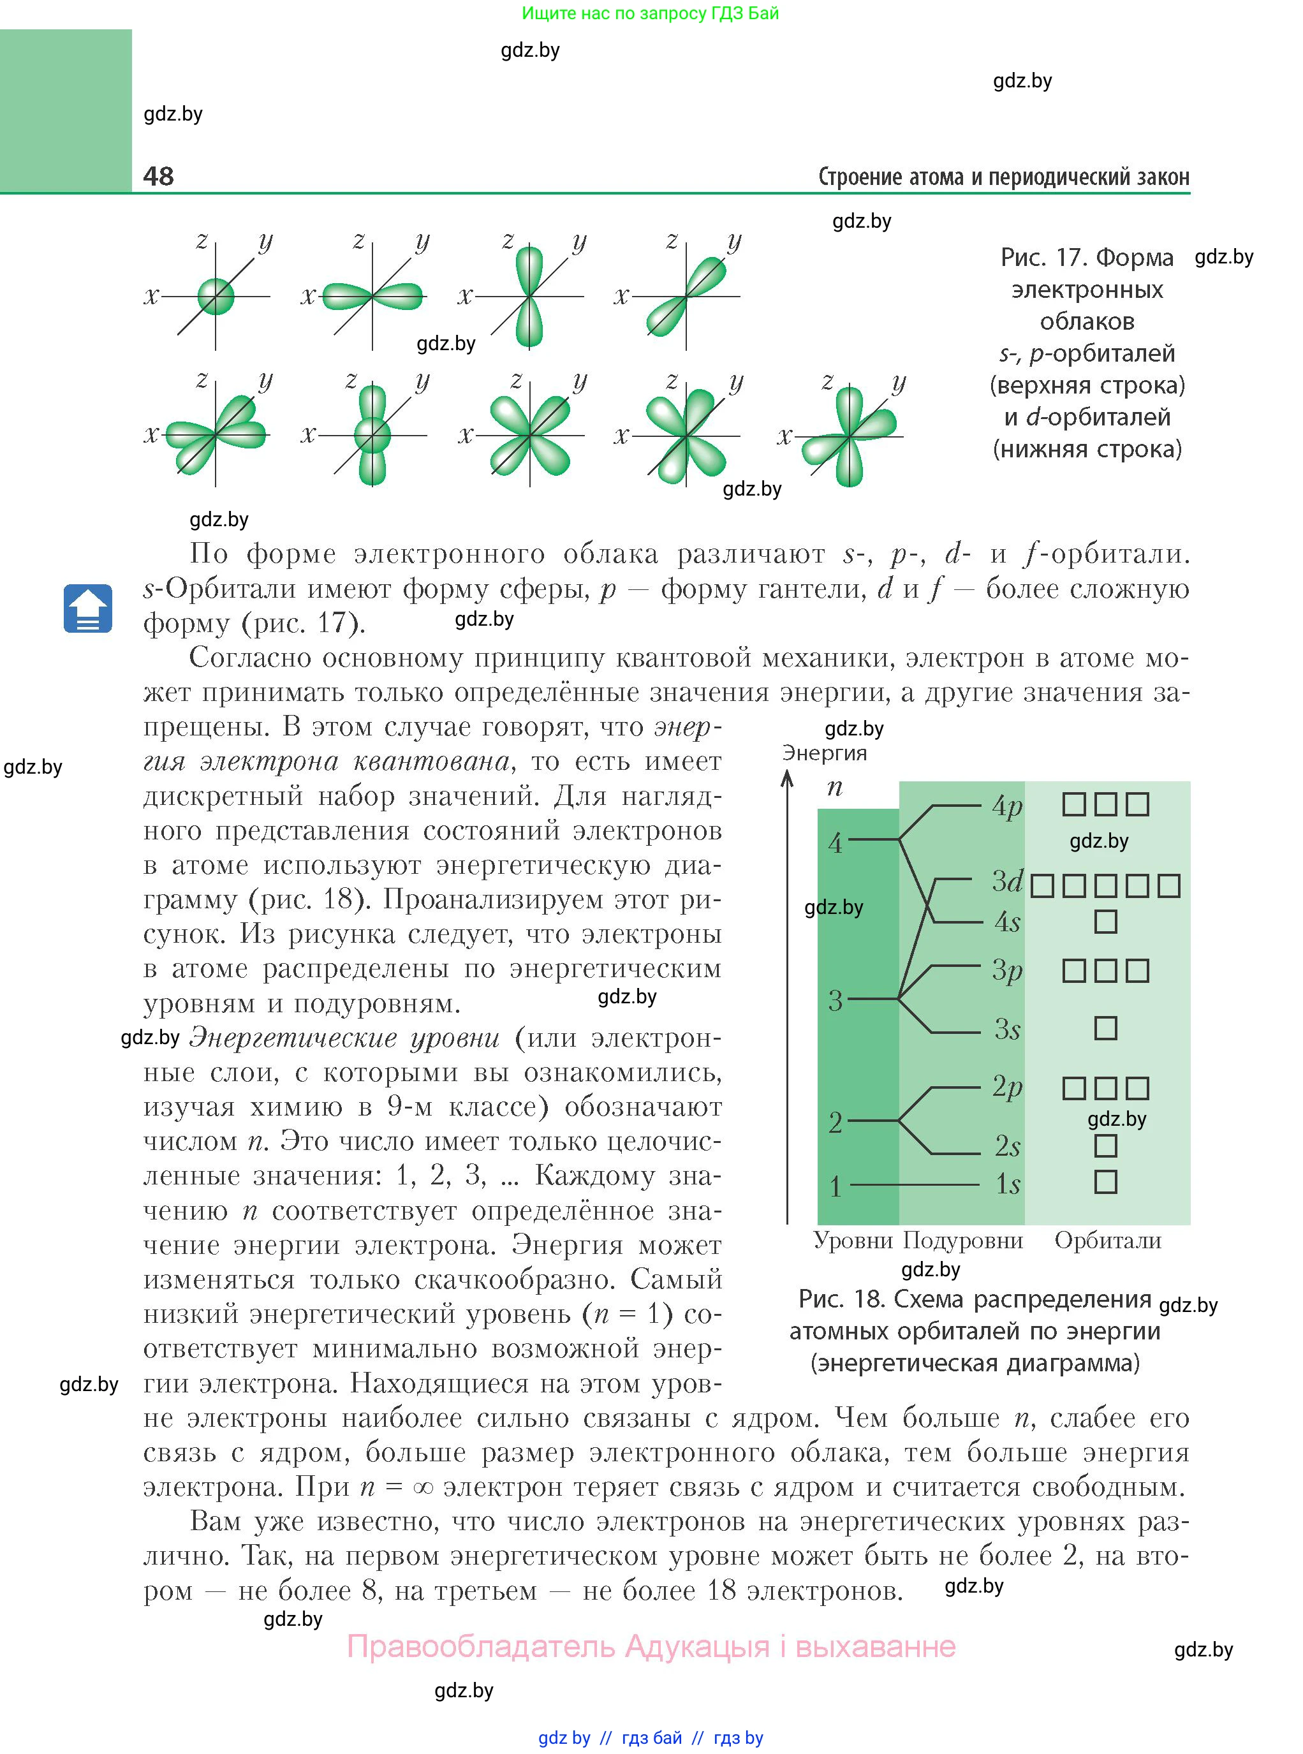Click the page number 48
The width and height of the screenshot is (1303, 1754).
pos(159,175)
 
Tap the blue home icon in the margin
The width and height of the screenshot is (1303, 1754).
pos(87,608)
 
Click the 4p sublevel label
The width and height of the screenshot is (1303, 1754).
pos(1007,806)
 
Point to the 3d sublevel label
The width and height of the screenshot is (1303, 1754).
pos(1007,881)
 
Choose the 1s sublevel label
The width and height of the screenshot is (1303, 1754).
pos(1007,1184)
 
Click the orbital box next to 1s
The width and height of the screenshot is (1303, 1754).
pos(1106,1183)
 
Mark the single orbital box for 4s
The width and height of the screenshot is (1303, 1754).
pos(1106,921)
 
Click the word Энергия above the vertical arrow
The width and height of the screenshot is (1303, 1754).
pos(824,753)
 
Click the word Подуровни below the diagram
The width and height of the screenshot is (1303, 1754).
pos(962,1241)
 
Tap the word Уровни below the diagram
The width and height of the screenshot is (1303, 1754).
pos(853,1241)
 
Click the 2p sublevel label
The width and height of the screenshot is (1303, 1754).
pos(1007,1087)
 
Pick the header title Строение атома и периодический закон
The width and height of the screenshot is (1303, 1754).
pos(1003,177)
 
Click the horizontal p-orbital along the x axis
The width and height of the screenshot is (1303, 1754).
pos(372,297)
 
